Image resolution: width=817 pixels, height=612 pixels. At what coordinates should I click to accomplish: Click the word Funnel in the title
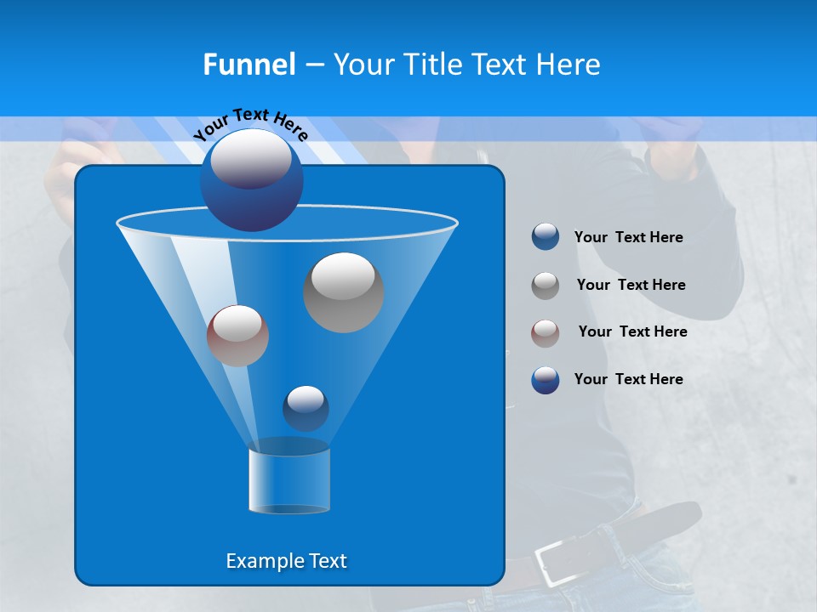[x=249, y=65]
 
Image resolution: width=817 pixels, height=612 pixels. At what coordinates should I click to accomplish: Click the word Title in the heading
[x=431, y=65]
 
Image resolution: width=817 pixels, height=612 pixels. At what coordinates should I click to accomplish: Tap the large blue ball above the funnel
[x=251, y=179]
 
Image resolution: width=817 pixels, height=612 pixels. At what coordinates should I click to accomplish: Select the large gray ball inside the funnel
[x=344, y=292]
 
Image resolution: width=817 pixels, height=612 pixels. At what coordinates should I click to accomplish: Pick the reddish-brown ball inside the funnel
[x=237, y=336]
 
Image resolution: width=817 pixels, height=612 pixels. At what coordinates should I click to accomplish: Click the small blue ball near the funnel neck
[x=306, y=408]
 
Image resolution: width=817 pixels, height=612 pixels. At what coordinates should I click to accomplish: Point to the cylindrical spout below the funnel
[x=289, y=480]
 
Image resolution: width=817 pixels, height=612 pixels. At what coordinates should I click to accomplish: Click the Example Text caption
[x=286, y=561]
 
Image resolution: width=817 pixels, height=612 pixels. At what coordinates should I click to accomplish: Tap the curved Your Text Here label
[x=251, y=123]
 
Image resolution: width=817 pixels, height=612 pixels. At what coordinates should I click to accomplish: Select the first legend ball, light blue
[x=546, y=237]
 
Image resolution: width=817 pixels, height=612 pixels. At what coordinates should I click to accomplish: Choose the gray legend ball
[x=546, y=286]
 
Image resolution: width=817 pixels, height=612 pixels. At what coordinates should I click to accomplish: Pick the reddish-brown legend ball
[x=546, y=332]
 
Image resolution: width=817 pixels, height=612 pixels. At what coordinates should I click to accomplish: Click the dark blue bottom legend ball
[x=546, y=380]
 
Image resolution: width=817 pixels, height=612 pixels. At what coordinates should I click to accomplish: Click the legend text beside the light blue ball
[x=628, y=238]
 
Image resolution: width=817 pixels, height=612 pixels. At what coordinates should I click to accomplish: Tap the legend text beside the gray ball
[x=631, y=286]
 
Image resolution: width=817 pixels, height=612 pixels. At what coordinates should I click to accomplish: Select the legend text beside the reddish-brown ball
[x=632, y=332]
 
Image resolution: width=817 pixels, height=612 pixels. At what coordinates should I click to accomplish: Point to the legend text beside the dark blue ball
[x=628, y=380]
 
